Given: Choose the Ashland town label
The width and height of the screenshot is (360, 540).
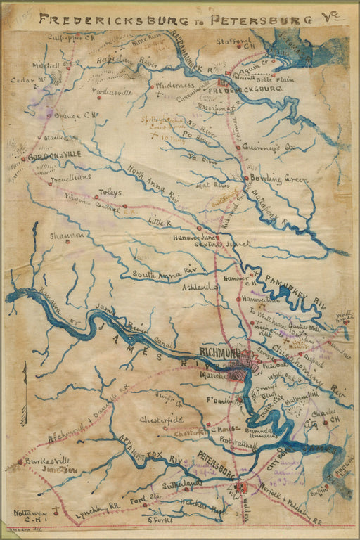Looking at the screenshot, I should point(197,288).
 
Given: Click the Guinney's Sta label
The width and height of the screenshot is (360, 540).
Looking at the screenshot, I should point(274,148).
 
